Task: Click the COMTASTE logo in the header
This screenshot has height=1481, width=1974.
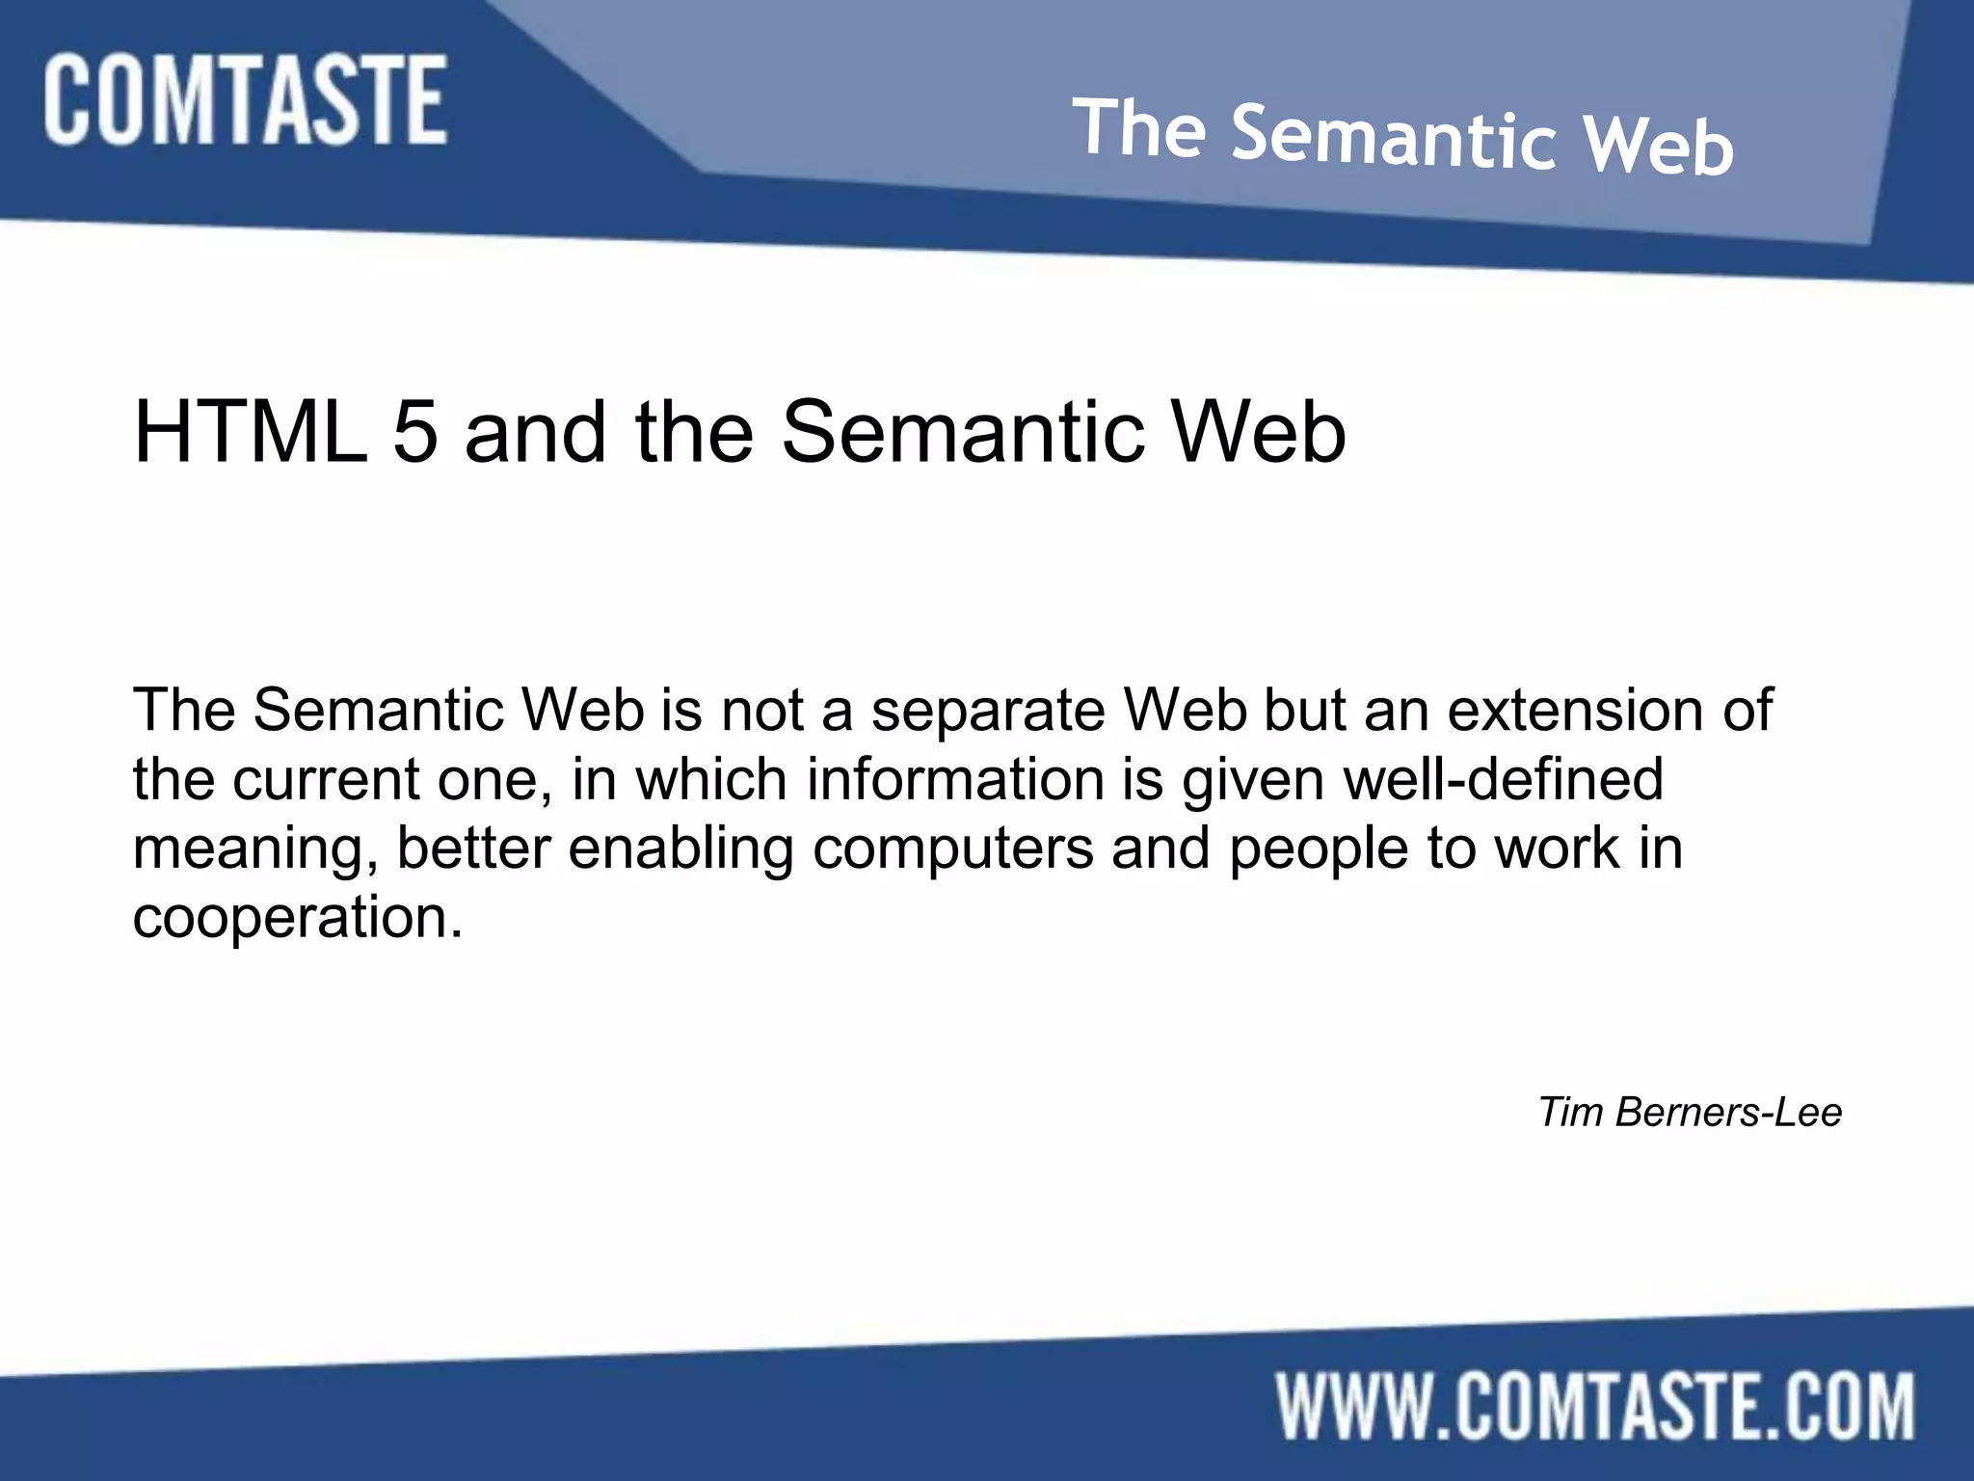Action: coord(245,100)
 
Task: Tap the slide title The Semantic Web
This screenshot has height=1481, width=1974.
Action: coord(1402,138)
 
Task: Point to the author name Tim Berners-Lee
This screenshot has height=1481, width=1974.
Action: coord(1690,1112)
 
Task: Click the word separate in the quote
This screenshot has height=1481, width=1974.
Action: coord(988,712)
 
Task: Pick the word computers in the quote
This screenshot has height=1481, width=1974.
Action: coord(952,850)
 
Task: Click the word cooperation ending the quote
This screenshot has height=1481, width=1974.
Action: coord(297,919)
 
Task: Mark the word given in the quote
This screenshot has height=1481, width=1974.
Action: coord(1253,781)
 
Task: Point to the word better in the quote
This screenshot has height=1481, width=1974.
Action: coord(473,848)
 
